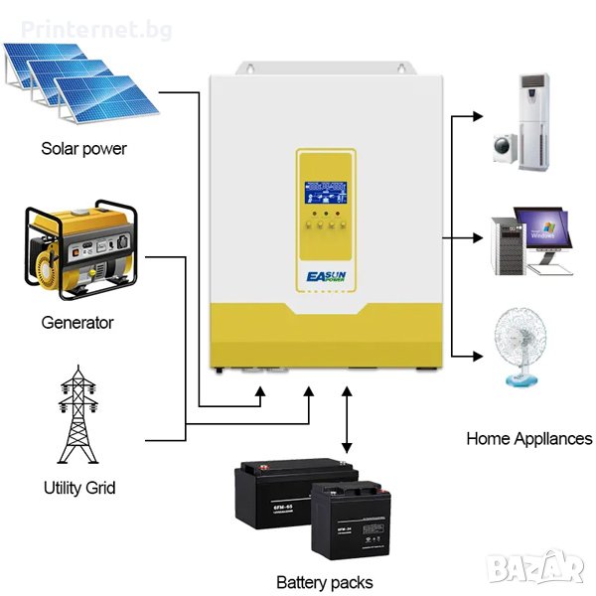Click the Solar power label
83,149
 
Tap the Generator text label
77,322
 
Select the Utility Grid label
79,488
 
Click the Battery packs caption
325,582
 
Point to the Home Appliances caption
529,438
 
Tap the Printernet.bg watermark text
61,18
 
